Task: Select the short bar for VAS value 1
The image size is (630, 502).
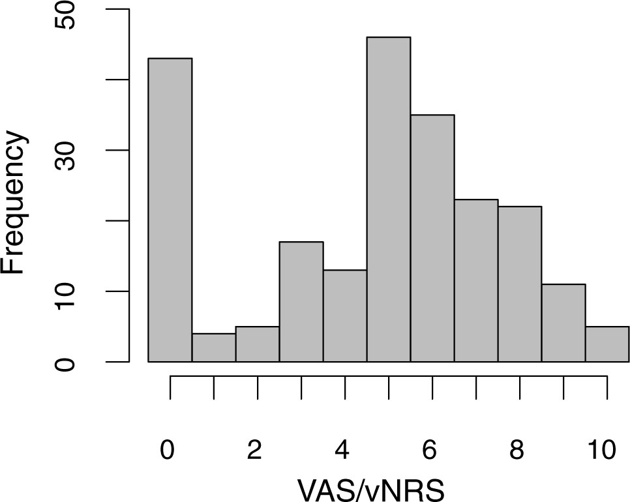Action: point(214,347)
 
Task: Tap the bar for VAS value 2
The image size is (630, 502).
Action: point(258,344)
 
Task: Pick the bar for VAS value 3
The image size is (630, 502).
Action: point(301,302)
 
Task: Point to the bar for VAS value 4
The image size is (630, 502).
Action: point(345,316)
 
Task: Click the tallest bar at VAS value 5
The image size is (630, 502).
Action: point(389,199)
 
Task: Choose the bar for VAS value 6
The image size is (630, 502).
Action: point(432,238)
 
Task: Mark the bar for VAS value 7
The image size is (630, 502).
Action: point(476,280)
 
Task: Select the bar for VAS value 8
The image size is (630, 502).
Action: point(520,284)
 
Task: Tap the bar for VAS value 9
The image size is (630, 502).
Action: point(563,323)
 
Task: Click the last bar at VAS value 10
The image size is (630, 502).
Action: point(607,344)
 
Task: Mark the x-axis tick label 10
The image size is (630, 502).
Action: point(601,449)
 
